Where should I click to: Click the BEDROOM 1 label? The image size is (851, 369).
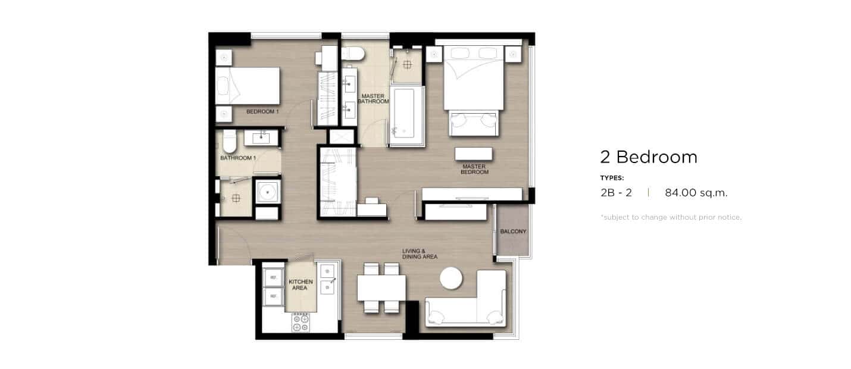(x=262, y=111)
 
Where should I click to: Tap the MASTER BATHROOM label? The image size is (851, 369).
(x=373, y=99)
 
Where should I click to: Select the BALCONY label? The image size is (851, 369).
(x=513, y=231)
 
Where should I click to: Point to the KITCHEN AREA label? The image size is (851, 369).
(x=301, y=284)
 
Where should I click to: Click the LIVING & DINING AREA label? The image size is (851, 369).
(x=420, y=254)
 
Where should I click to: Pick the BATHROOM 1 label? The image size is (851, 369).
(x=238, y=158)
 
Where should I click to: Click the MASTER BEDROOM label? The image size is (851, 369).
(x=474, y=169)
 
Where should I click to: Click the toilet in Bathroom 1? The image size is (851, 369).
(x=229, y=141)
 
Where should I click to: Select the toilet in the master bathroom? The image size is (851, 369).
(x=353, y=53)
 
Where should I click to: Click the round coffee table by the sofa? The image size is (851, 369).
(x=451, y=278)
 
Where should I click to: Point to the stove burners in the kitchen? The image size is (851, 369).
(x=301, y=323)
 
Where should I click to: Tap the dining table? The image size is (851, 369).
(x=381, y=287)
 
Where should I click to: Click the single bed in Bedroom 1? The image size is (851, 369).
(x=248, y=86)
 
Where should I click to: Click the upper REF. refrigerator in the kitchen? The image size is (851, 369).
(x=273, y=278)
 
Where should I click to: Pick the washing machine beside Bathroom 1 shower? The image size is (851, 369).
(x=268, y=192)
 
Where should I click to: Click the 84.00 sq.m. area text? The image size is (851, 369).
(x=696, y=193)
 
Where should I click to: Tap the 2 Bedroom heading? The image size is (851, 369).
(x=649, y=157)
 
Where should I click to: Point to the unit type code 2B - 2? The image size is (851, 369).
(x=616, y=193)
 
